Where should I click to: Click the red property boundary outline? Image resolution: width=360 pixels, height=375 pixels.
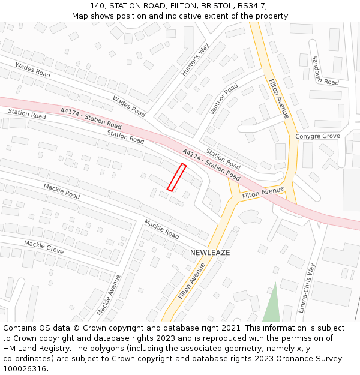(176, 177)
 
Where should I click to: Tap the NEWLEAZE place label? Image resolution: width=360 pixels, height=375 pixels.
(210, 253)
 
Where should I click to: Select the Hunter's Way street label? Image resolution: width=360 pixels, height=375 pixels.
(195, 60)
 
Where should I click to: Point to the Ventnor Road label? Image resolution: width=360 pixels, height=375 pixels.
(223, 100)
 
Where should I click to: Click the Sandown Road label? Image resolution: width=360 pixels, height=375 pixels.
(325, 70)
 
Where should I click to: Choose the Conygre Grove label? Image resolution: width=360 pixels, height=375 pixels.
(317, 136)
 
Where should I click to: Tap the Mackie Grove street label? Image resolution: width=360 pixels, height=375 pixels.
(44, 247)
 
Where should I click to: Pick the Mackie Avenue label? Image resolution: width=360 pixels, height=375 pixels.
(109, 295)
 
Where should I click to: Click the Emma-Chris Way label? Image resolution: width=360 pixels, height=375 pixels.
(307, 287)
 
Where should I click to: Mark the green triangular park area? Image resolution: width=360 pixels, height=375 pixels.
(272, 307)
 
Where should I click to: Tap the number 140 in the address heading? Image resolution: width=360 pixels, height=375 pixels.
(98, 5)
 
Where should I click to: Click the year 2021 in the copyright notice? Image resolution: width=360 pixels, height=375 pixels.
(232, 328)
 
